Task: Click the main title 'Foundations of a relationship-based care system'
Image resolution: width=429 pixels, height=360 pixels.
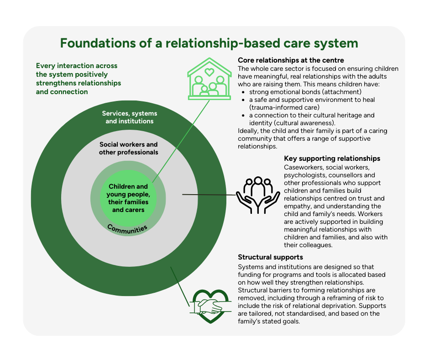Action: (209, 43)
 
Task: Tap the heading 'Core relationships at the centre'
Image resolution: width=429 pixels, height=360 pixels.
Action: (291, 60)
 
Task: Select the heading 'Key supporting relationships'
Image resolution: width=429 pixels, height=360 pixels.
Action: (332, 159)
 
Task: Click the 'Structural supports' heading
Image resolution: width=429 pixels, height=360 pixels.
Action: (271, 257)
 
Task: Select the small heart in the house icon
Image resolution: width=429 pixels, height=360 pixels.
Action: (209, 72)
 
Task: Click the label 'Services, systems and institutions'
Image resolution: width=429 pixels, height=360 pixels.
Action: (129, 117)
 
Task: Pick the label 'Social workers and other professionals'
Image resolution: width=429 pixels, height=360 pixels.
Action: (129, 148)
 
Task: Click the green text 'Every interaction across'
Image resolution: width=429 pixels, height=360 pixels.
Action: (77, 65)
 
